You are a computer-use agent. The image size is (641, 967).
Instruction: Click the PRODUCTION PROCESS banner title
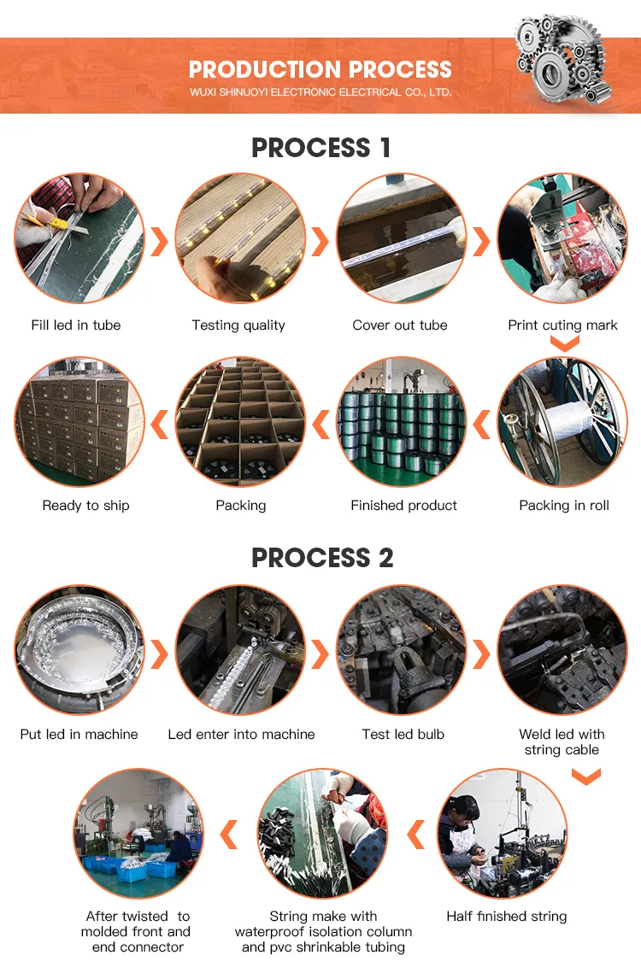[x=320, y=69]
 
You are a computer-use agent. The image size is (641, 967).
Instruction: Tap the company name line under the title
[x=320, y=92]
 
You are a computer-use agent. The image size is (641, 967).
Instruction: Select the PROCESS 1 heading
[x=320, y=148]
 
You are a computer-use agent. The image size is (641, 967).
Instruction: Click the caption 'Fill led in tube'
[x=76, y=325]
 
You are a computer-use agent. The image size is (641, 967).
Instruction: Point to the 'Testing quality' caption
[x=238, y=325]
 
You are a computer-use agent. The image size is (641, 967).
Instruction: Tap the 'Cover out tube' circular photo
[x=401, y=238]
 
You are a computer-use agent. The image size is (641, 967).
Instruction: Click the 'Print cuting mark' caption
[x=562, y=325]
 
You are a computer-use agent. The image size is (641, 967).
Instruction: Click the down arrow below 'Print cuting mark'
[x=563, y=343]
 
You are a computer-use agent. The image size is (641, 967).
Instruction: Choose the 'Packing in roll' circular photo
[x=562, y=421]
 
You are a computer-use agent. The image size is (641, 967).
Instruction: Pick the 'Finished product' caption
[x=403, y=505]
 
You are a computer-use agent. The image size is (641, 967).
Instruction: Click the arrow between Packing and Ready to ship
[x=159, y=422]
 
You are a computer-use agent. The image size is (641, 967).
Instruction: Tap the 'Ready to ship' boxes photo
[x=79, y=421]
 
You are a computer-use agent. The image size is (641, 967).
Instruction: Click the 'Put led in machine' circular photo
[x=79, y=649]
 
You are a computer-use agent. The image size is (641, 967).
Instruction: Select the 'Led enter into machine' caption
[x=241, y=734]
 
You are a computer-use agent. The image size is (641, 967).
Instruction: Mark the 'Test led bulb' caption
[x=403, y=734]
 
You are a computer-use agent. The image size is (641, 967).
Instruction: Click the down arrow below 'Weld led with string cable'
[x=585, y=777]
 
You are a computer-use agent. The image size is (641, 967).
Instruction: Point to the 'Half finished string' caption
[x=506, y=916]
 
